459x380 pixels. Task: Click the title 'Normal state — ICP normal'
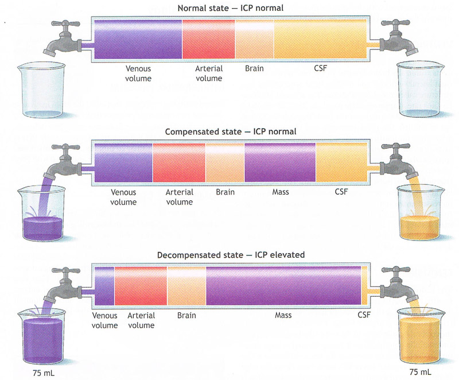pyautogui.click(x=231, y=8)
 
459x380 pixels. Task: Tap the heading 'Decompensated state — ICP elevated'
pyautogui.click(x=231, y=255)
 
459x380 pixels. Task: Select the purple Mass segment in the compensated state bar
pyautogui.click(x=280, y=162)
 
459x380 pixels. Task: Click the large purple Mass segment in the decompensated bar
pyautogui.click(x=283, y=286)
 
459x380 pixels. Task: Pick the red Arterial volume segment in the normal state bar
pyautogui.click(x=209, y=39)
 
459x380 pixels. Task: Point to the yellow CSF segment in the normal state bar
pyautogui.click(x=320, y=39)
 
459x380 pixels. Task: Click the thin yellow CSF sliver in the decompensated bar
pyautogui.click(x=364, y=286)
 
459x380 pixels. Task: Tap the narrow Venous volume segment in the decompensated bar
pyautogui.click(x=104, y=286)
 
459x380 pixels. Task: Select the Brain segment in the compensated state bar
pyautogui.click(x=225, y=162)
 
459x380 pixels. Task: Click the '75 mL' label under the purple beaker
pyautogui.click(x=44, y=373)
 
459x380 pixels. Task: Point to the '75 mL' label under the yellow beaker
pyautogui.click(x=421, y=372)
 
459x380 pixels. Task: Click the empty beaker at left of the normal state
pyautogui.click(x=41, y=90)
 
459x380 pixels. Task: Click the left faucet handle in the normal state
pyautogui.click(x=65, y=24)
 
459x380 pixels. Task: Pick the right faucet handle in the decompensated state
pyautogui.click(x=396, y=269)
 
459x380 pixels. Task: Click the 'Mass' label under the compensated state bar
pyautogui.click(x=281, y=192)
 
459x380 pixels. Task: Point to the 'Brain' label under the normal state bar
pyautogui.click(x=254, y=68)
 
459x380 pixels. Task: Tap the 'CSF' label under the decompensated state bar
pyautogui.click(x=364, y=315)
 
